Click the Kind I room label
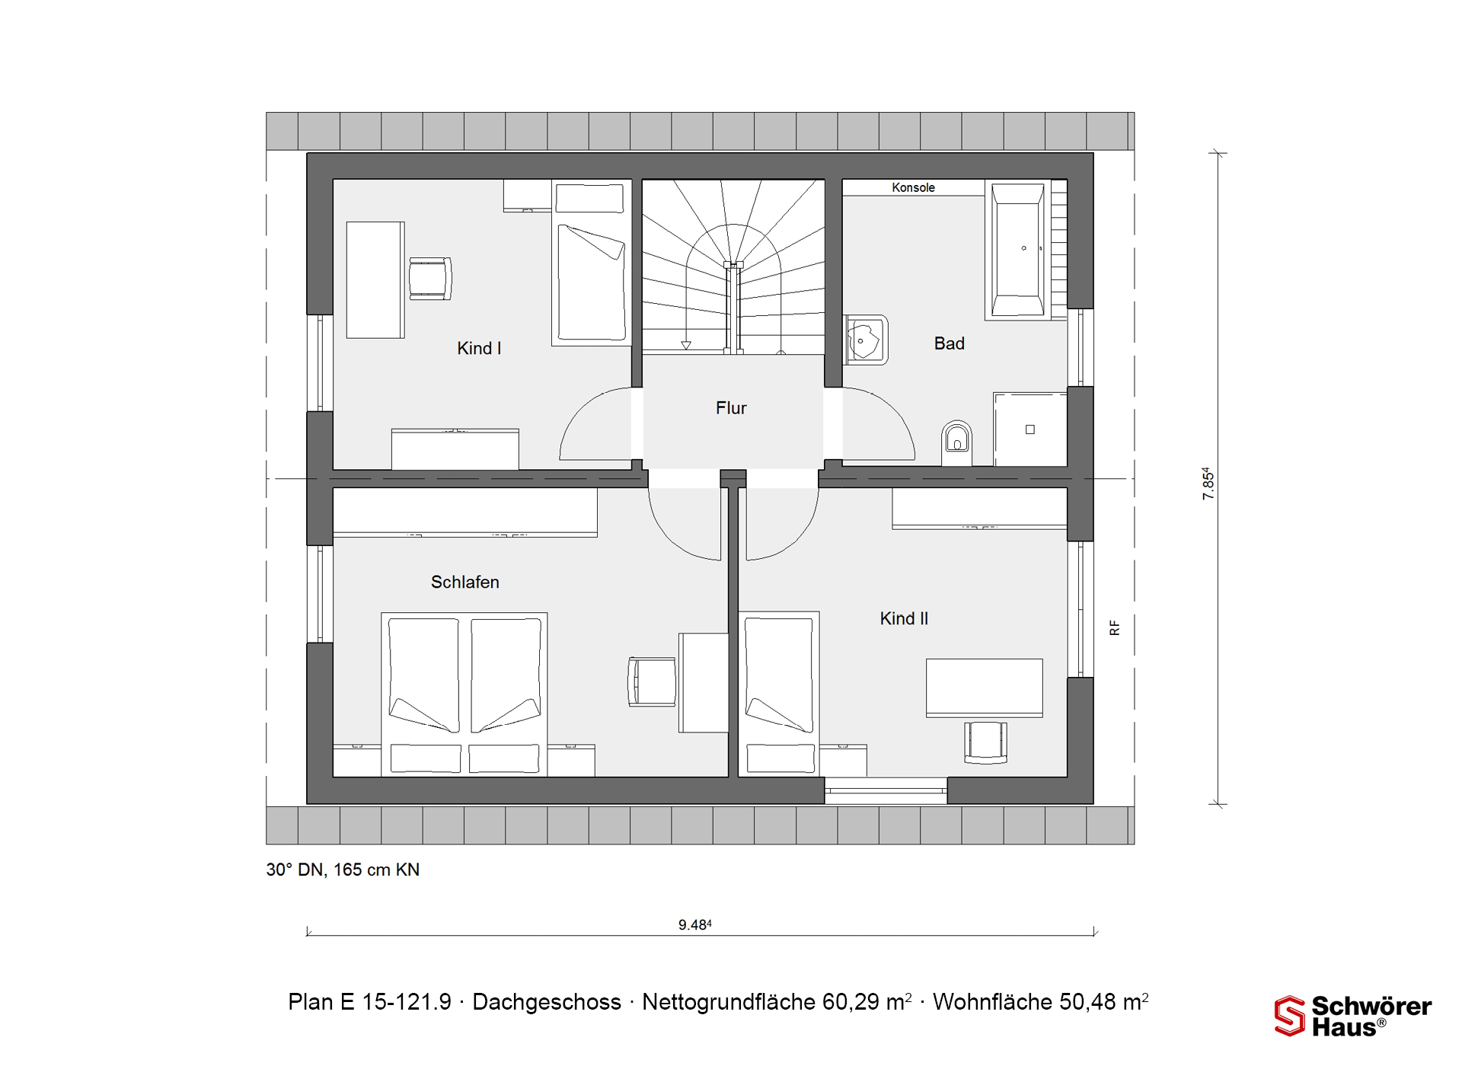479,349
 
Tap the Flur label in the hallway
731,408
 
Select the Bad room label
950,343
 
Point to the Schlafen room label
465,582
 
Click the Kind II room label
904,619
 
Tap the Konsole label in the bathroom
913,187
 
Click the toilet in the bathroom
956,442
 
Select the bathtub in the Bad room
1018,249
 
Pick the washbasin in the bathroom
866,340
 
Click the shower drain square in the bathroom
1030,429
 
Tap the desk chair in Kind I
430,279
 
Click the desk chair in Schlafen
652,681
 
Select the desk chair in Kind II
986,742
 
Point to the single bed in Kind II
779,693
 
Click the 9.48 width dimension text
695,925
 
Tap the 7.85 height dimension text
1208,484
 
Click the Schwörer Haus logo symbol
1289,1016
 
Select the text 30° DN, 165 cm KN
343,870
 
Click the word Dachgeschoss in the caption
547,1002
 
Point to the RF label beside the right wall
1115,628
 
